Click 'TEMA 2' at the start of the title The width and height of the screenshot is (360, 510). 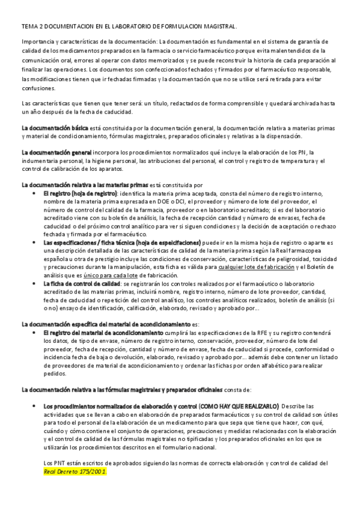(x=31, y=26)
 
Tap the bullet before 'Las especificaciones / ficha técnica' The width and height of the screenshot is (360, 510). (x=33, y=242)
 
